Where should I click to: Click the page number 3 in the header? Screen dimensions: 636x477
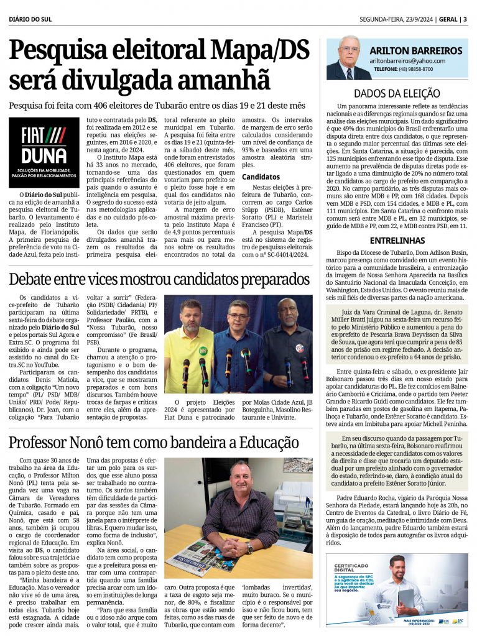465,19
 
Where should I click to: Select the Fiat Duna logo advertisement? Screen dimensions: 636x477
44,152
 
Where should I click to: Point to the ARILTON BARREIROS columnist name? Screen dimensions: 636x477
416,50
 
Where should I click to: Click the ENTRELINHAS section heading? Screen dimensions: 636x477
394,240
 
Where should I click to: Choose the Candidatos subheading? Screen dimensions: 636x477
261,177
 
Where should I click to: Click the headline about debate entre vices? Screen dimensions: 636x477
160,278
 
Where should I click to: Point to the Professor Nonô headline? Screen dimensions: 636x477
154,443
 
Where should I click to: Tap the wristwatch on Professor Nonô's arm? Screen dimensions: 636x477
249,547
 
